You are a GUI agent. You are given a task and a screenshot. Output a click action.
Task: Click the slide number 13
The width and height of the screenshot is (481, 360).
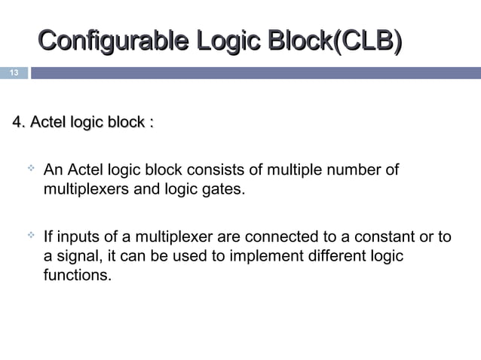pos(13,73)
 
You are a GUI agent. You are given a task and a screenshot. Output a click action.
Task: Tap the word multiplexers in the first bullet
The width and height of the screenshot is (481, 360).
pos(86,188)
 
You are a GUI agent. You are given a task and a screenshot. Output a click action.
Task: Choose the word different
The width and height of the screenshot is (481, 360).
pos(335,257)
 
